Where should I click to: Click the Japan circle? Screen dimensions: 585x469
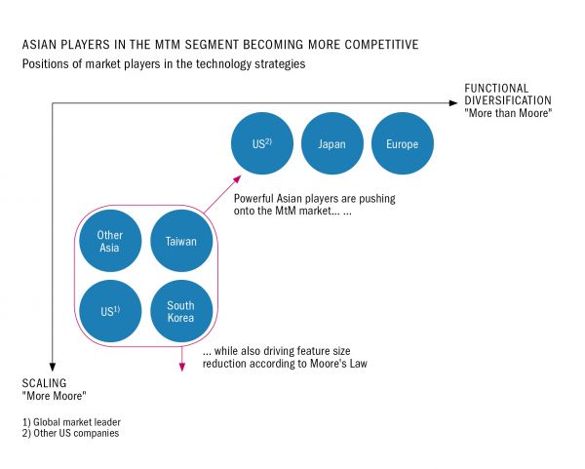point(332,143)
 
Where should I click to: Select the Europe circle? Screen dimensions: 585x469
point(403,143)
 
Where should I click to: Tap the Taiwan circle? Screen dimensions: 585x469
point(181,241)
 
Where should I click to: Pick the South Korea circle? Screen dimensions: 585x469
point(181,311)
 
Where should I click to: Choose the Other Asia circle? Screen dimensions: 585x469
point(110,241)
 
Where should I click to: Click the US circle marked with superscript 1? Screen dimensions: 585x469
point(110,311)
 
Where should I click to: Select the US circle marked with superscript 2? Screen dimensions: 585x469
point(262,143)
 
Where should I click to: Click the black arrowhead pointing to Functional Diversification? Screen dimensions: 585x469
point(453,103)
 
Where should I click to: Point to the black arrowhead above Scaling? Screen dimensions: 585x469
point(53,367)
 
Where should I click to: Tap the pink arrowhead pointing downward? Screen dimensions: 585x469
point(181,367)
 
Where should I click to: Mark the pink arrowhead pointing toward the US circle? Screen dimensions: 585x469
point(237,179)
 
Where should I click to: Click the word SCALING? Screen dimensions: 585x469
point(44,383)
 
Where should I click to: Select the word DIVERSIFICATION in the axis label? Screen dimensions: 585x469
point(508,100)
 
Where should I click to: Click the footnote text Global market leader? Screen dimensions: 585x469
point(77,422)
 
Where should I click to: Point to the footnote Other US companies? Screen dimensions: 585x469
point(76,433)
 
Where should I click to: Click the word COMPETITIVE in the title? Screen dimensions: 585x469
point(381,45)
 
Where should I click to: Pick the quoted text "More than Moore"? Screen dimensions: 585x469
point(508,113)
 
